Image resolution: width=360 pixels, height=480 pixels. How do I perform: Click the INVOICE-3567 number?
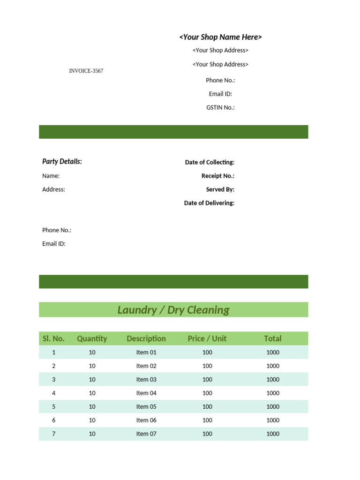point(86,71)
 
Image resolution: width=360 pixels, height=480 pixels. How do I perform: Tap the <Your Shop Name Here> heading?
point(220,37)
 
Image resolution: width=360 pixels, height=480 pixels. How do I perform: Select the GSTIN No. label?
point(220,107)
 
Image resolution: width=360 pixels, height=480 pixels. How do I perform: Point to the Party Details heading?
point(62,162)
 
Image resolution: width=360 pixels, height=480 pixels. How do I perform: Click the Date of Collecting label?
point(210,162)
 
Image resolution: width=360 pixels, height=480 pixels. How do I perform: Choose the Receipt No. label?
point(218,176)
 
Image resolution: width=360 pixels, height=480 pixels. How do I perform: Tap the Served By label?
point(220,189)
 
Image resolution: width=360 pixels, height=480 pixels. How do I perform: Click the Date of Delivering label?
point(209,203)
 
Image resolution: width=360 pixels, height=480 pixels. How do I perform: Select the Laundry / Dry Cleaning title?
point(173,310)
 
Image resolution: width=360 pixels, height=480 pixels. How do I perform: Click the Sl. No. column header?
point(53,338)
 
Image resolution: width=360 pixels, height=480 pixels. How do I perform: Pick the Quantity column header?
point(92,338)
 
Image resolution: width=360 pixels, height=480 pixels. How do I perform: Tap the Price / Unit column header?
point(207,338)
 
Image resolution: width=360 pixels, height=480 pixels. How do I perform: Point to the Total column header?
point(273,338)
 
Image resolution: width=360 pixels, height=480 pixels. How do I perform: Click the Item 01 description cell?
point(146,352)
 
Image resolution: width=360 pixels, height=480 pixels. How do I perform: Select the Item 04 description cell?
point(146,393)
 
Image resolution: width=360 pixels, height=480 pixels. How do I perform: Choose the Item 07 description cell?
point(146,434)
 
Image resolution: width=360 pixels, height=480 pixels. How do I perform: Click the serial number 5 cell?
point(53,407)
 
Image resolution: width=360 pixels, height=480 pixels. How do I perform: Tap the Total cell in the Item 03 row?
point(273,380)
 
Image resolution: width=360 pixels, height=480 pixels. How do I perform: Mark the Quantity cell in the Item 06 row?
point(92,420)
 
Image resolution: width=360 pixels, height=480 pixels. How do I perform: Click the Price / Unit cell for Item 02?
point(207,366)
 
